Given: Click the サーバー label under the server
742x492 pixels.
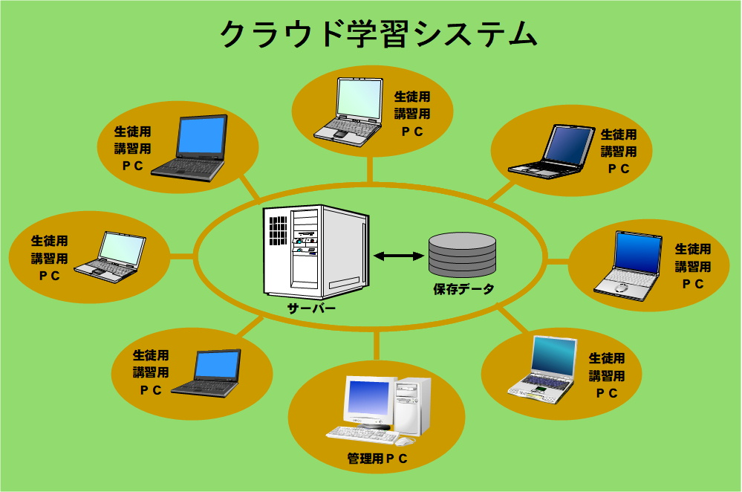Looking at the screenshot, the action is click(311, 308).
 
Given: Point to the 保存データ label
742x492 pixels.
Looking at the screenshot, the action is click(463, 289).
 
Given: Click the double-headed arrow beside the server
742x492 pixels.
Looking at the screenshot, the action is click(398, 256).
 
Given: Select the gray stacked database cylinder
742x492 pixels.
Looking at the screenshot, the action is click(462, 254).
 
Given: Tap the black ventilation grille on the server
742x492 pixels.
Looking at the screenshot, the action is click(279, 230).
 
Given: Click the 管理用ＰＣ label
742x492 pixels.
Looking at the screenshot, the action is click(377, 459).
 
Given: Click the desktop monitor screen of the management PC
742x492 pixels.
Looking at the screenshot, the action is click(368, 398).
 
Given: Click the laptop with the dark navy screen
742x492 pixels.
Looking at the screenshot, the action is click(552, 152).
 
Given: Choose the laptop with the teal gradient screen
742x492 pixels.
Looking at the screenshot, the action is click(542, 370).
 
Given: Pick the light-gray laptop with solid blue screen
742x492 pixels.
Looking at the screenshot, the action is click(628, 265).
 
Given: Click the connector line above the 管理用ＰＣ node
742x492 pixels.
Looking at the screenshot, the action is click(377, 345).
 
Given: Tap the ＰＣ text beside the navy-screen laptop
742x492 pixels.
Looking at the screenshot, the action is click(619, 169).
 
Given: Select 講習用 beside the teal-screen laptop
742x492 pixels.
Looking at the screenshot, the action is click(607, 376).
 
